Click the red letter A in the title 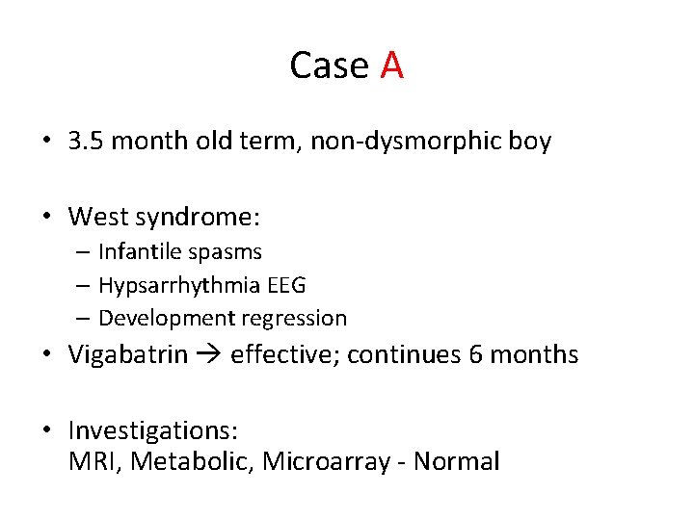pyautogui.click(x=391, y=65)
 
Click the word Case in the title pyautogui.click(x=330, y=65)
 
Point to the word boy pyautogui.click(x=530, y=142)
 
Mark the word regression pyautogui.click(x=299, y=318)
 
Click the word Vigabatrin pyautogui.click(x=128, y=354)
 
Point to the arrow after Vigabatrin pyautogui.click(x=209, y=355)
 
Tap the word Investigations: pyautogui.click(x=153, y=429)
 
